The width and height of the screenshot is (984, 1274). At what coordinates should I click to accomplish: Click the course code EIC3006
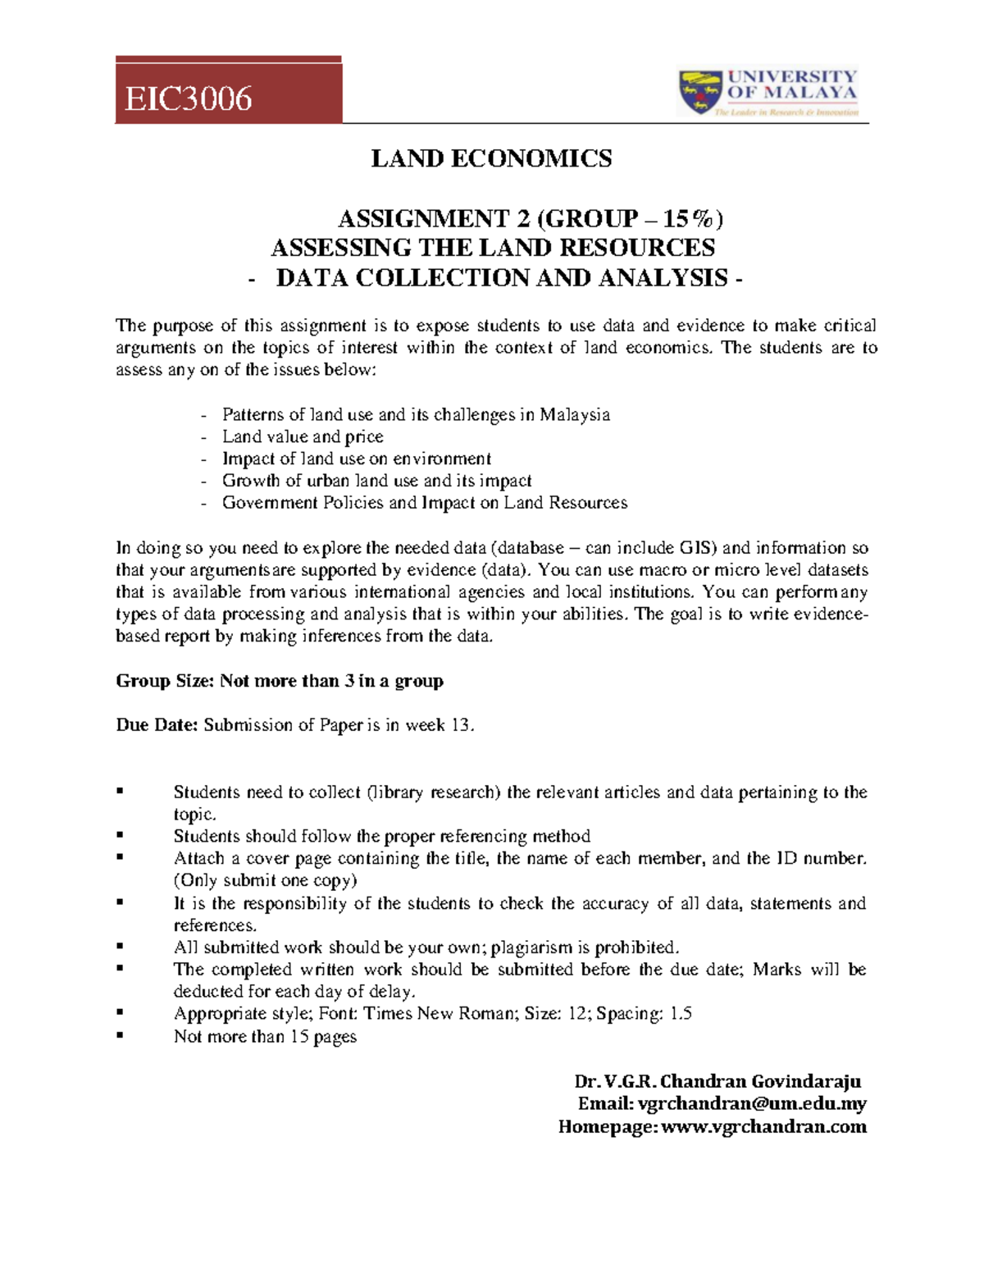coord(188,98)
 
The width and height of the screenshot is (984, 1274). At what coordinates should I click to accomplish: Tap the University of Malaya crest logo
coord(699,92)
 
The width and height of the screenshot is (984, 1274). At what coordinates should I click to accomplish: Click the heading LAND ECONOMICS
coord(491,158)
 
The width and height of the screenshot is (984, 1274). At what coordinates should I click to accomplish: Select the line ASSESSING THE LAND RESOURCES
coord(492,248)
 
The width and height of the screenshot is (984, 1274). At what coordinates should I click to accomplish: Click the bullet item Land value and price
coord(303,436)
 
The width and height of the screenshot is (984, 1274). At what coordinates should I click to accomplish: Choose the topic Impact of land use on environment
coord(356,459)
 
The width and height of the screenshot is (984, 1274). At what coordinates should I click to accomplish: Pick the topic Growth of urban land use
coord(376,481)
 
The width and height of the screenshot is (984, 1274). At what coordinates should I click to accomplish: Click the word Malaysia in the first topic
coord(574,414)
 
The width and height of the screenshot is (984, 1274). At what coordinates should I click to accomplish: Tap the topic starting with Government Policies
coord(424,503)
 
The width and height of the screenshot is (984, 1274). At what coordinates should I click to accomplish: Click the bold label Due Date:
coord(157,725)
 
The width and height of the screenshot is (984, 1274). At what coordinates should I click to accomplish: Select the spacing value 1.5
coord(681,1014)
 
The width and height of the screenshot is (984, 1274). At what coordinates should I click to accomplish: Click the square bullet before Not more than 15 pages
coord(121,1035)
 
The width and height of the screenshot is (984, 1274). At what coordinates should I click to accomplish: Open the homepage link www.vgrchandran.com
coord(763,1127)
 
